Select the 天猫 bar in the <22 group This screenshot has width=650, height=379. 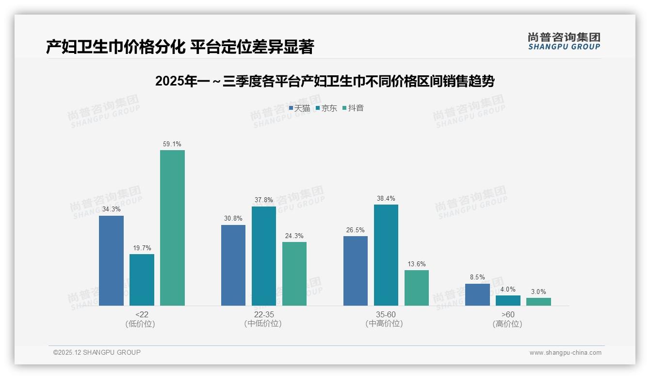point(111,260)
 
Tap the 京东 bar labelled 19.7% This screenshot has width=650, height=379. point(142,279)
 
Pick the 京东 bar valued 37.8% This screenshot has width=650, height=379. point(264,256)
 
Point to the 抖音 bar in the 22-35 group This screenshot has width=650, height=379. point(294,274)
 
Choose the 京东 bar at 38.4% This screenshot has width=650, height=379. point(386,255)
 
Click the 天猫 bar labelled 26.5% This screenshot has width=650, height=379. point(356,271)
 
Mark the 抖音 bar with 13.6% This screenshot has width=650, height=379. point(417,288)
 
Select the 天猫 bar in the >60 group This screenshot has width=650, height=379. point(477,294)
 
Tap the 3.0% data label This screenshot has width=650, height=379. point(538,292)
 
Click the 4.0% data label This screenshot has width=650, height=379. point(508,290)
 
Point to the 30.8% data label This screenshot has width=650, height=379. point(233,219)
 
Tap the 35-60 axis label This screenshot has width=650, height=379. point(386,314)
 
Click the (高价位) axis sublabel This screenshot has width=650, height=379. point(508,324)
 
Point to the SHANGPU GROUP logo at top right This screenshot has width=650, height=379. point(564,41)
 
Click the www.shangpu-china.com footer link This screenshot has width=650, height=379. point(565,353)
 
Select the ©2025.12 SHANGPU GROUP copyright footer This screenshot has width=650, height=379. point(97,352)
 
